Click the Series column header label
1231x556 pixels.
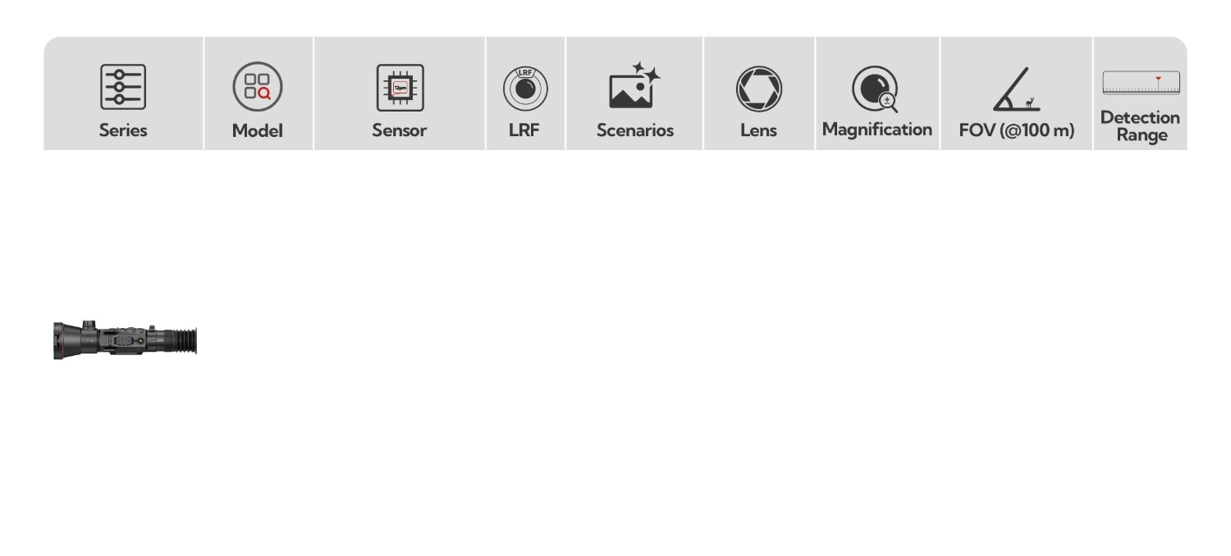tap(123, 130)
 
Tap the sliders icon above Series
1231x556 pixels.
tap(123, 87)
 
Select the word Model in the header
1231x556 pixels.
tap(257, 130)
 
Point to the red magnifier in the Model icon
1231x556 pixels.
tap(264, 94)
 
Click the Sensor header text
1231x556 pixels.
tap(399, 130)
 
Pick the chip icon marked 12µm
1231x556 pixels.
tap(400, 87)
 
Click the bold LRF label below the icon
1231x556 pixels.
tap(524, 130)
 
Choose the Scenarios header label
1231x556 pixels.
tap(634, 130)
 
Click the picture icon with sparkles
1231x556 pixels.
tap(634, 86)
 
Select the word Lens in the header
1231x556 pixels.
tap(758, 130)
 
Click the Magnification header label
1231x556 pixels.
tap(876, 129)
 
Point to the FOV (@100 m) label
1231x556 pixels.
tap(1016, 130)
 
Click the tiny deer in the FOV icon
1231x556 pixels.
tap(1032, 103)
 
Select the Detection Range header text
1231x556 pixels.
tap(1140, 126)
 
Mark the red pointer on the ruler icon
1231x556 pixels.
tap(1158, 79)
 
